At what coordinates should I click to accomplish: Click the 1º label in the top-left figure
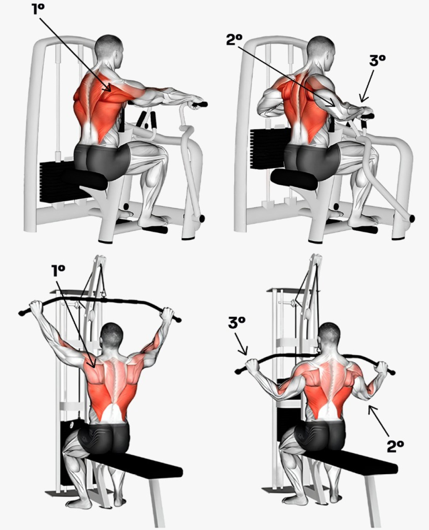click(38, 9)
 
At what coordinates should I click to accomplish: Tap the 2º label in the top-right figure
click(234, 40)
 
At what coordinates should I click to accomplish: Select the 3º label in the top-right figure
click(377, 61)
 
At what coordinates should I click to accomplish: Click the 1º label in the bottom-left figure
click(58, 271)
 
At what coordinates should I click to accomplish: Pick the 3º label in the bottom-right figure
click(236, 323)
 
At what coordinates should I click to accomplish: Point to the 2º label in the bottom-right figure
click(395, 447)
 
